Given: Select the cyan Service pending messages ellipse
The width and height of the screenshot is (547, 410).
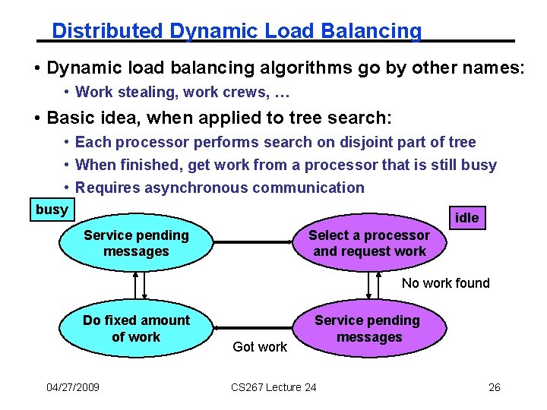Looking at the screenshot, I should [x=136, y=243].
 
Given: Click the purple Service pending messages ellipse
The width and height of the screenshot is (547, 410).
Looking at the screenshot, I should [x=368, y=329].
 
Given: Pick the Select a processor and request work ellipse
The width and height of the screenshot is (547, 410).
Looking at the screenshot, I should [x=369, y=243].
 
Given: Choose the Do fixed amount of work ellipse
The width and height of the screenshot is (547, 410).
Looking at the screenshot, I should [x=136, y=328].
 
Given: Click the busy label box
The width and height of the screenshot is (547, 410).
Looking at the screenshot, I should [x=52, y=210].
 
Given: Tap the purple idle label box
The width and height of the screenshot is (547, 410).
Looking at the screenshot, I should [x=466, y=218].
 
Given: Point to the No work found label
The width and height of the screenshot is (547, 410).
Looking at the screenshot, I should [x=445, y=283].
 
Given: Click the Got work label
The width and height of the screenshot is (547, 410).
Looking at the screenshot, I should [x=260, y=347].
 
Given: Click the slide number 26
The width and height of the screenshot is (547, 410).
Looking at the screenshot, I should [x=494, y=387].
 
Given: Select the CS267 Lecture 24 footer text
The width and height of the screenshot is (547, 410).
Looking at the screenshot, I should [x=273, y=387].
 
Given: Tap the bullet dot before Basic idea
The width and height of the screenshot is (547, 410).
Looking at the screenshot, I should [x=37, y=118].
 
